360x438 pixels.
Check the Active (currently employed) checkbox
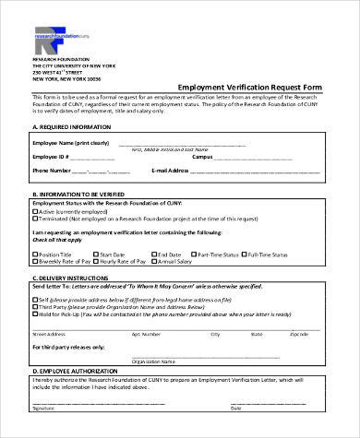[35, 211]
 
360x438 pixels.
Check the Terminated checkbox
[35, 220]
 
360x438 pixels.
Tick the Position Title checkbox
[35, 253]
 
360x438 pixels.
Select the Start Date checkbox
[95, 253]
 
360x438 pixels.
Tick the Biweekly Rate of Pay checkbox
[35, 262]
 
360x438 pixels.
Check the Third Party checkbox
[35, 307]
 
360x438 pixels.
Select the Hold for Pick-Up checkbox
[35, 315]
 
